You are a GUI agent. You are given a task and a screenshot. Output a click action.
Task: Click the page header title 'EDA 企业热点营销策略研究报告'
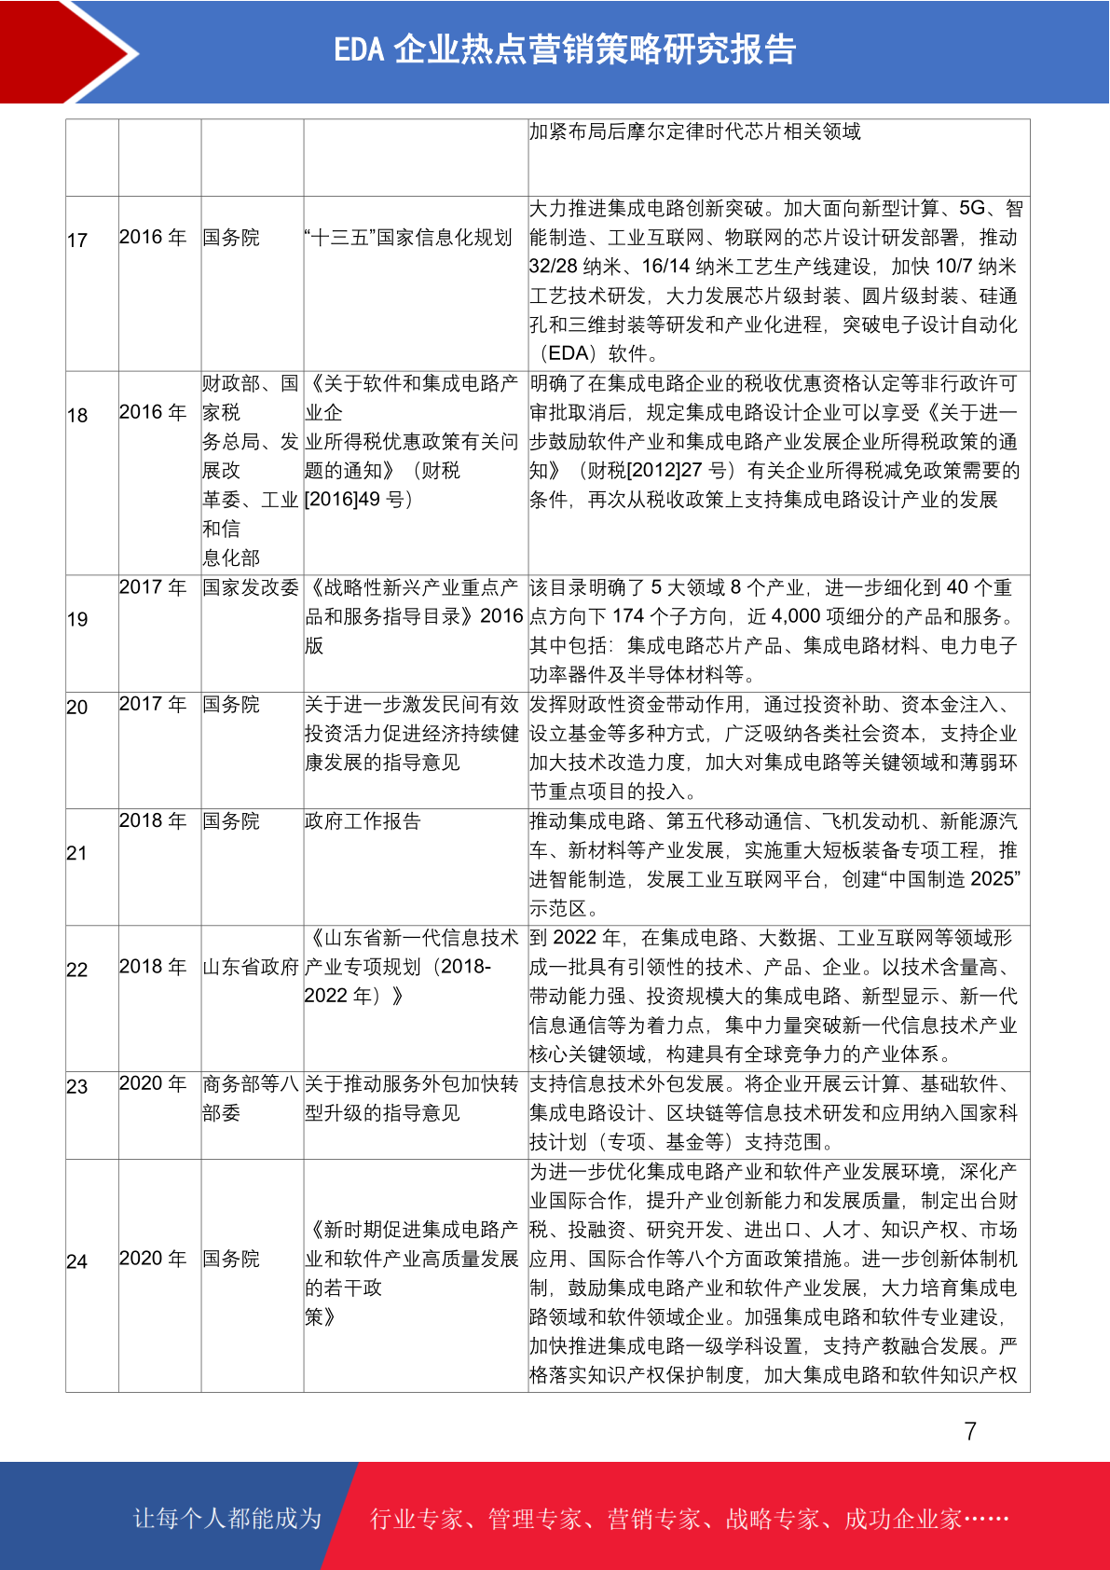(x=565, y=49)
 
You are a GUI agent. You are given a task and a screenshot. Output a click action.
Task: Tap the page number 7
(x=970, y=1431)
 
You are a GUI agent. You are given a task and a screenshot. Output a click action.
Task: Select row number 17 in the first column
(x=77, y=241)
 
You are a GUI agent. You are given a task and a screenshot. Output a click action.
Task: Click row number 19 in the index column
(x=77, y=619)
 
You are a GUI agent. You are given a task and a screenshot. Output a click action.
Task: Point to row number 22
(x=77, y=970)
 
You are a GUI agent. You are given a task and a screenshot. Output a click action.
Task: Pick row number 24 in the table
(x=77, y=1261)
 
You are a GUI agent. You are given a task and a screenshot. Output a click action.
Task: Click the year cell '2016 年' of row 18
(x=153, y=412)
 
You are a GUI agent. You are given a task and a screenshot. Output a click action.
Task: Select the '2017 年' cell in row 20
(x=153, y=704)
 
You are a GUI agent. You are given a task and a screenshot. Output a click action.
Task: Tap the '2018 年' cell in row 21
(x=153, y=820)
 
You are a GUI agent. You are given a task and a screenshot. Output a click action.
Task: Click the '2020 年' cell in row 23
(x=153, y=1083)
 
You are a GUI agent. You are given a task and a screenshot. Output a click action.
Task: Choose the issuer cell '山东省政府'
(x=251, y=967)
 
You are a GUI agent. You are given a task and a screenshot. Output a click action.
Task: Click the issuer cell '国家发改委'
(x=251, y=587)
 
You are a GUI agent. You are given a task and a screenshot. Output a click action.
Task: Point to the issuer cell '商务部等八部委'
(x=251, y=1097)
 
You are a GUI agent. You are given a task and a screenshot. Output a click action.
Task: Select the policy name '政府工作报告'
(x=363, y=821)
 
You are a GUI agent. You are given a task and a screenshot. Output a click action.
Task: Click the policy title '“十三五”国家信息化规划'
(x=408, y=238)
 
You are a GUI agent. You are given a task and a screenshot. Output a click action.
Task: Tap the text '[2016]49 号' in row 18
(x=359, y=500)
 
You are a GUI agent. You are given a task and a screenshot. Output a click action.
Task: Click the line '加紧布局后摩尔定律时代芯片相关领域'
(x=695, y=131)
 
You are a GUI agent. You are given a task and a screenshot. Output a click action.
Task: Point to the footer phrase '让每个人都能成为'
(x=227, y=1519)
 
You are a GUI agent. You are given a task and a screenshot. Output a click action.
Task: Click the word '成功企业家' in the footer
(x=902, y=1519)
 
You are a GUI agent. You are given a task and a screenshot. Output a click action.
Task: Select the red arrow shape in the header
(x=65, y=51)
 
